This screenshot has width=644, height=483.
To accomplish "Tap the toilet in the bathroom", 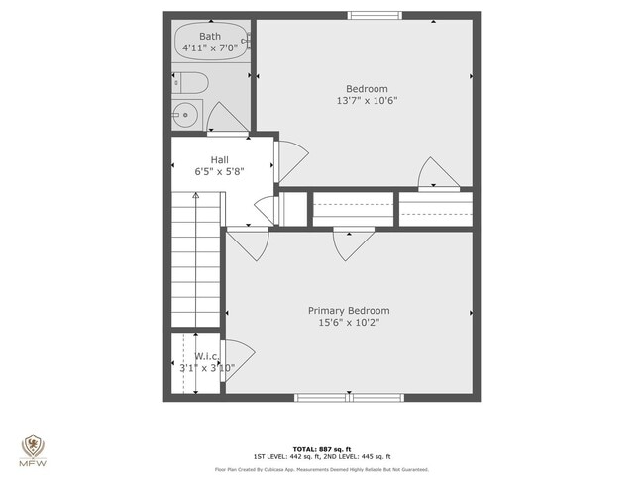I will (x=190, y=83).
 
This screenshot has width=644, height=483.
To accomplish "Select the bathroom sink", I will (x=185, y=116).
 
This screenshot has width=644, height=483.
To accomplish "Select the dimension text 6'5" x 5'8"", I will (x=219, y=171).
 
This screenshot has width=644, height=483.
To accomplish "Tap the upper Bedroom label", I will (x=367, y=88).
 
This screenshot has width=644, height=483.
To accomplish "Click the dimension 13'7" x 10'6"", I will (x=368, y=101).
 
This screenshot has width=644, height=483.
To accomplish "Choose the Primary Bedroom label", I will (x=348, y=310).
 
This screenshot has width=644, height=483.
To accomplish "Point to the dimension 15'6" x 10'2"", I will (x=348, y=323).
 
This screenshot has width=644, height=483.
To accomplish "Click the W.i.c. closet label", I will (x=206, y=356).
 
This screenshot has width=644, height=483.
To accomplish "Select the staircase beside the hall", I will (x=195, y=257).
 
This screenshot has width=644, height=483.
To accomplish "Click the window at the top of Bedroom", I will (x=368, y=16).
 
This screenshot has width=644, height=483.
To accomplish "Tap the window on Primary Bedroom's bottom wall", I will (x=349, y=398).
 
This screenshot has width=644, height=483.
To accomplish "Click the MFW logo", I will (x=34, y=450).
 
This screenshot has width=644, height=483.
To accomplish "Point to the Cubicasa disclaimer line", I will (x=322, y=469).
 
